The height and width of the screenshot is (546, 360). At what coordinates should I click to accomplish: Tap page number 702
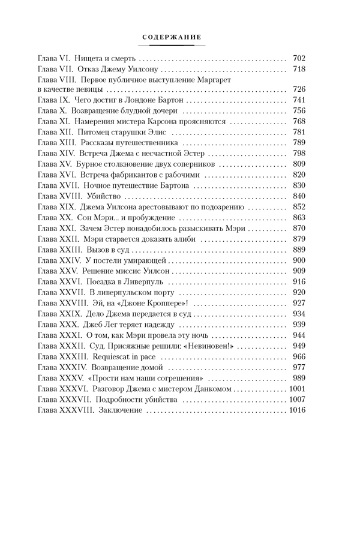pos(299,59)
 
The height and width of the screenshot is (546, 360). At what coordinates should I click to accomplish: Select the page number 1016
pos(297,410)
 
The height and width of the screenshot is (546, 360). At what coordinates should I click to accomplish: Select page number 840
pos(299,196)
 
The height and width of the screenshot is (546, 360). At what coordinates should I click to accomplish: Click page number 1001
pos(297,389)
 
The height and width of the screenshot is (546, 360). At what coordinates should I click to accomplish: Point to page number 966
pos(299,356)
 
